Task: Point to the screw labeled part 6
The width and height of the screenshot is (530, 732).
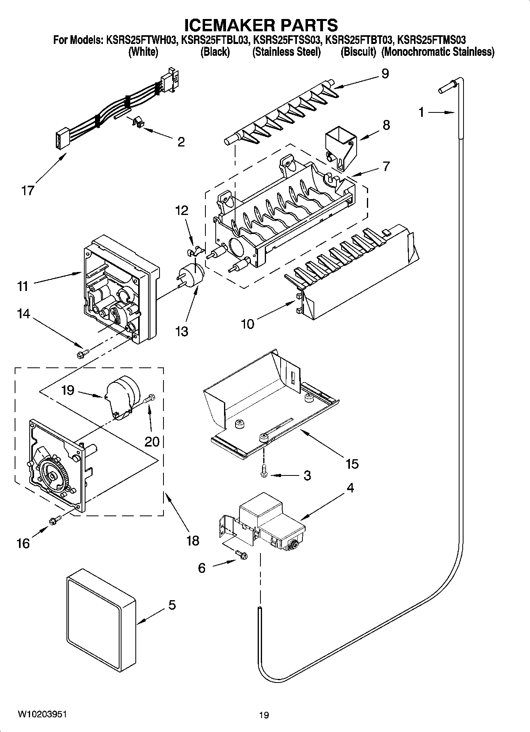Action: (241, 555)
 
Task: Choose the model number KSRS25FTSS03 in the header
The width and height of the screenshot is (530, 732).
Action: (287, 40)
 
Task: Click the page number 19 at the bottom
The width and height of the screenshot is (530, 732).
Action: (264, 715)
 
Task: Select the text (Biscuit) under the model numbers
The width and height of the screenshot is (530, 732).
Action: (358, 52)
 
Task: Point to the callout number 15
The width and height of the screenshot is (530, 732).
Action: (351, 463)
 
